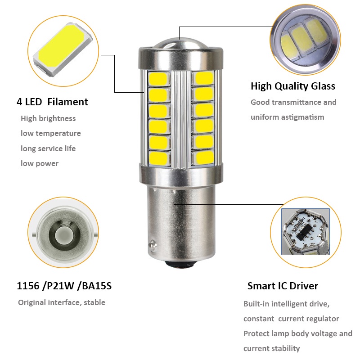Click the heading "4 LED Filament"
pyautogui.click(x=52, y=102)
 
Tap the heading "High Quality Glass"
pyautogui.click(x=292, y=86)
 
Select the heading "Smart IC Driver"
pyautogui.click(x=283, y=286)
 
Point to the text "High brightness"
pyautogui.click(x=48, y=119)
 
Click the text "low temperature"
pyautogui.click(x=51, y=134)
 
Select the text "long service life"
pyautogui.click(x=48, y=148)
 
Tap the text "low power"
pyautogui.click(x=40, y=163)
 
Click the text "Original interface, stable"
pyautogui.click(x=62, y=302)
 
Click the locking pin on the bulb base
pyautogui.click(x=152, y=244)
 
